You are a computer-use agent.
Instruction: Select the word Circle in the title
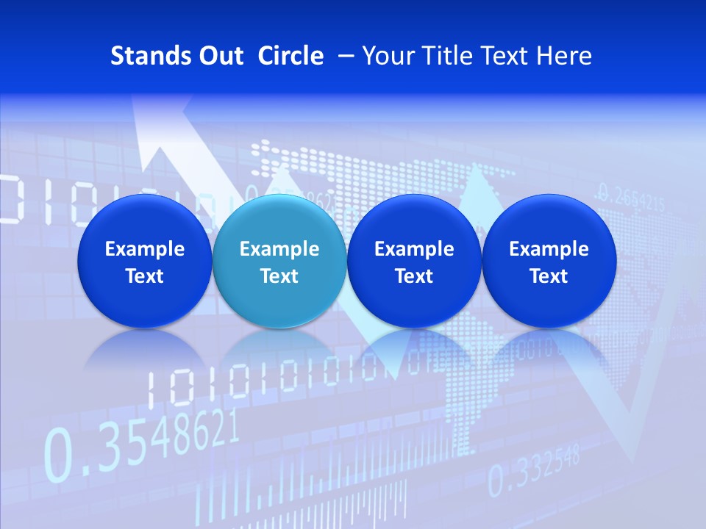[x=290, y=56]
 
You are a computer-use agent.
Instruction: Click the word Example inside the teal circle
[x=279, y=249]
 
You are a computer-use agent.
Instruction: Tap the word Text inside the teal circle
[x=279, y=276]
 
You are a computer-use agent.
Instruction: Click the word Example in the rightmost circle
[x=549, y=249]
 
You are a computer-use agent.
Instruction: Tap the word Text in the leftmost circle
[x=144, y=276]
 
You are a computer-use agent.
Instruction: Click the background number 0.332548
[x=534, y=470]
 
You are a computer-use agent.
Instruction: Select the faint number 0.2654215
[x=632, y=196]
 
